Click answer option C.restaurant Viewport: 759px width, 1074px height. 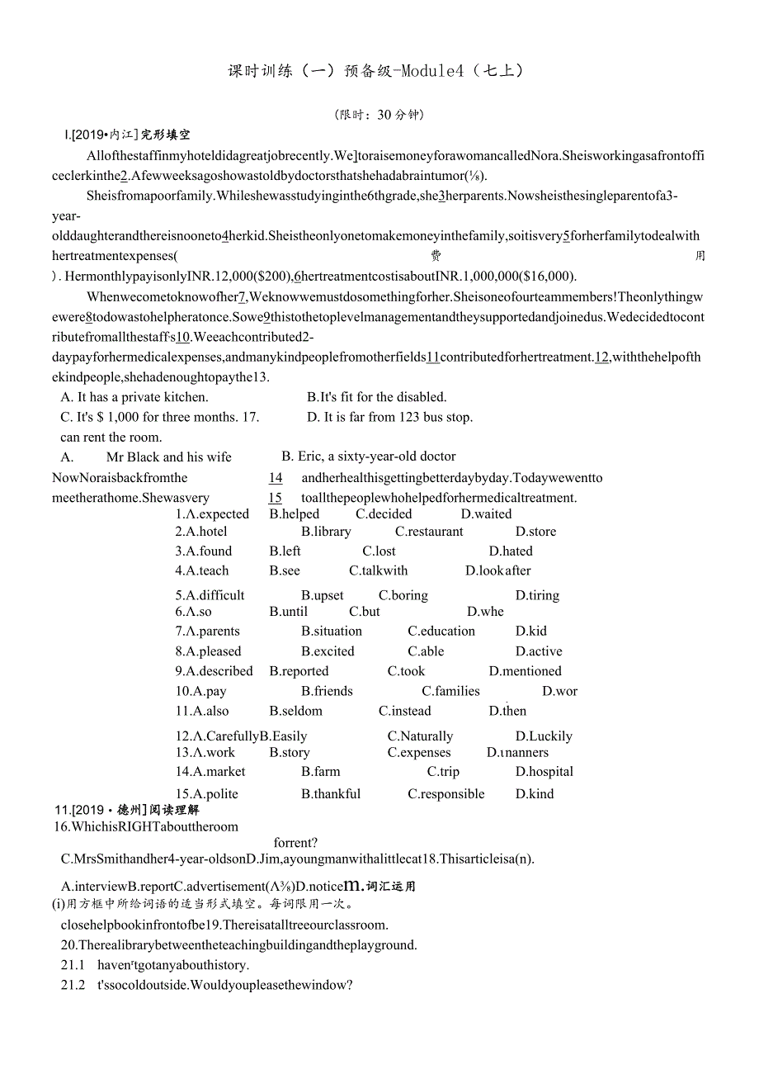pyautogui.click(x=429, y=532)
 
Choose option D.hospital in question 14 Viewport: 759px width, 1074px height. pyautogui.click(x=544, y=772)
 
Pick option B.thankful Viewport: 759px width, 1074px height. pyautogui.click(x=331, y=794)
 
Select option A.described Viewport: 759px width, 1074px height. pyautogui.click(x=214, y=671)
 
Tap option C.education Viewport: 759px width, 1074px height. pyautogui.click(x=441, y=631)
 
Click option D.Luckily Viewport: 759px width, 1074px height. pyautogui.click(x=544, y=736)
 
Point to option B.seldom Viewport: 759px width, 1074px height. pyautogui.click(x=296, y=711)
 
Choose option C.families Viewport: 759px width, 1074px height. pyautogui.click(x=450, y=691)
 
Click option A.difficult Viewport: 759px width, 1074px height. pyautogui.click(x=210, y=595)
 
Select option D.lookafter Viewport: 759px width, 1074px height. pyautogui.click(x=498, y=570)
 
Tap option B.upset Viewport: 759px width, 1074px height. pyautogui.click(x=323, y=595)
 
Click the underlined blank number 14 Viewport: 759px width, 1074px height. pyautogui.click(x=276, y=478)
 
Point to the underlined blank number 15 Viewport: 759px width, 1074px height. pyautogui.click(x=276, y=498)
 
